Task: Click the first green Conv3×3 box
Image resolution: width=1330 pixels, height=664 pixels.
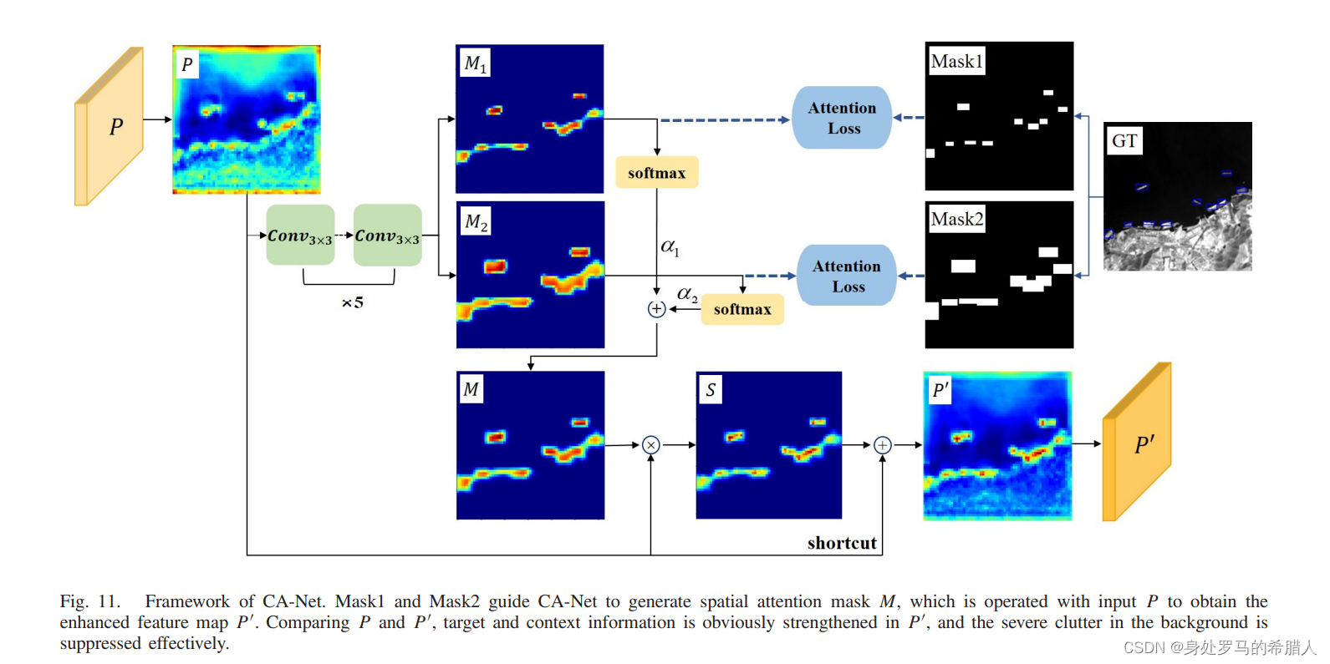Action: (x=300, y=236)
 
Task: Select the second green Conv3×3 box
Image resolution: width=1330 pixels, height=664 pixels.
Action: (x=387, y=236)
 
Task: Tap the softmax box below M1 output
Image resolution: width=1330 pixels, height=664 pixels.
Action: (x=657, y=173)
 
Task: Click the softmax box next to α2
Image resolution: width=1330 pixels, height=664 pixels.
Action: (x=742, y=309)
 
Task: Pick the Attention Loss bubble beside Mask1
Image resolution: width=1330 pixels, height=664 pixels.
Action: (x=842, y=118)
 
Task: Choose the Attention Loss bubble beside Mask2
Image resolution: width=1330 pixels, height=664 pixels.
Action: (x=846, y=276)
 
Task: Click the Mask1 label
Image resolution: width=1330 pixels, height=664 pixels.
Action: (x=956, y=61)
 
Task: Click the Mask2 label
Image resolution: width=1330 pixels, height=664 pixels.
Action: (x=956, y=219)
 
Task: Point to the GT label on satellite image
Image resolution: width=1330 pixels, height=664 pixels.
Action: (x=1124, y=140)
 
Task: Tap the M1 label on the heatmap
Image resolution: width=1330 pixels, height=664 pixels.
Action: (x=475, y=63)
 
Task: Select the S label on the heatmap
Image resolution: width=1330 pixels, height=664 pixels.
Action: (x=710, y=389)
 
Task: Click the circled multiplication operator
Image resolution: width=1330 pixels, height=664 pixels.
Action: (x=651, y=445)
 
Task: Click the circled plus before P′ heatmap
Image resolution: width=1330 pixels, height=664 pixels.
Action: (x=883, y=445)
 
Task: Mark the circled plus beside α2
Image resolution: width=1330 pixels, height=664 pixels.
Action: (x=657, y=309)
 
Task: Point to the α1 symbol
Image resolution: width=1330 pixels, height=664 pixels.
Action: (x=670, y=247)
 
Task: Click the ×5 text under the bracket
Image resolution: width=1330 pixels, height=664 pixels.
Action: (x=352, y=302)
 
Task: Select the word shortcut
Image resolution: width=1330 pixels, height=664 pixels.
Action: (x=842, y=543)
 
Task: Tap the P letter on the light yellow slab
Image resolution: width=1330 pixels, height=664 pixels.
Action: (x=116, y=127)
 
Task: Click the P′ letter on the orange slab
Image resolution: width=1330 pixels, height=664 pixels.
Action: (x=1144, y=444)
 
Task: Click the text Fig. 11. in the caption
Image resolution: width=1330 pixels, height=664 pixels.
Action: (x=89, y=601)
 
